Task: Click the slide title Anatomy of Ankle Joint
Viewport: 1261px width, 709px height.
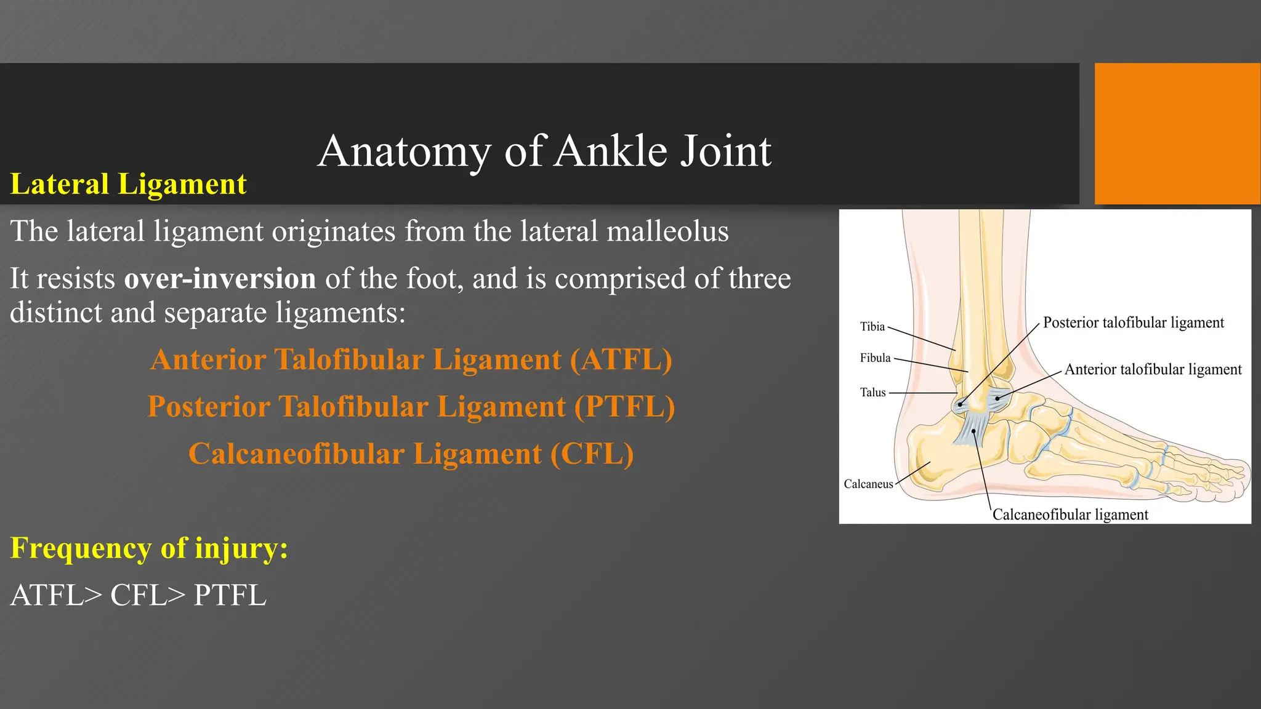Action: coord(544,151)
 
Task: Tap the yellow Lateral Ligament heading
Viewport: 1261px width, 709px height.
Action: coord(128,184)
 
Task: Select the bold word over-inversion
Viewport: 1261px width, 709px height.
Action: coord(220,279)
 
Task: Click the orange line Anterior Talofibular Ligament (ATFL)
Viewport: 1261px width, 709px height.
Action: coord(411,360)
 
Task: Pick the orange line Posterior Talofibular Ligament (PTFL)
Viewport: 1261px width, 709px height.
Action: coord(411,407)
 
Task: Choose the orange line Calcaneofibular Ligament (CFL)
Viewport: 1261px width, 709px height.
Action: coord(411,454)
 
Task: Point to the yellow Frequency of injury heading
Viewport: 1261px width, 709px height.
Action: coord(149,548)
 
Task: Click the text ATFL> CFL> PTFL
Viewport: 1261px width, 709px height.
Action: coord(139,595)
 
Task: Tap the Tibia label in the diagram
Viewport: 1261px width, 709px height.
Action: coord(872,327)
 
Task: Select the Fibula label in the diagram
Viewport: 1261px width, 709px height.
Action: coord(875,358)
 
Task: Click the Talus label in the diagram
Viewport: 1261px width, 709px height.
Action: coord(872,393)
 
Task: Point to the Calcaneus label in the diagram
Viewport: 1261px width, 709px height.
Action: coord(868,484)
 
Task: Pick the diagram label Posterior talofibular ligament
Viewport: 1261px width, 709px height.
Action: coord(1133,322)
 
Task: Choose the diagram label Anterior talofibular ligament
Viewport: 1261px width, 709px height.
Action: coord(1153,369)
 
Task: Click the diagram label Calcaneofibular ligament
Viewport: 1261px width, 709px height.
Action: coord(1070,515)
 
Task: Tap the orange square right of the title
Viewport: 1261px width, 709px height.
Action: coord(1177,134)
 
